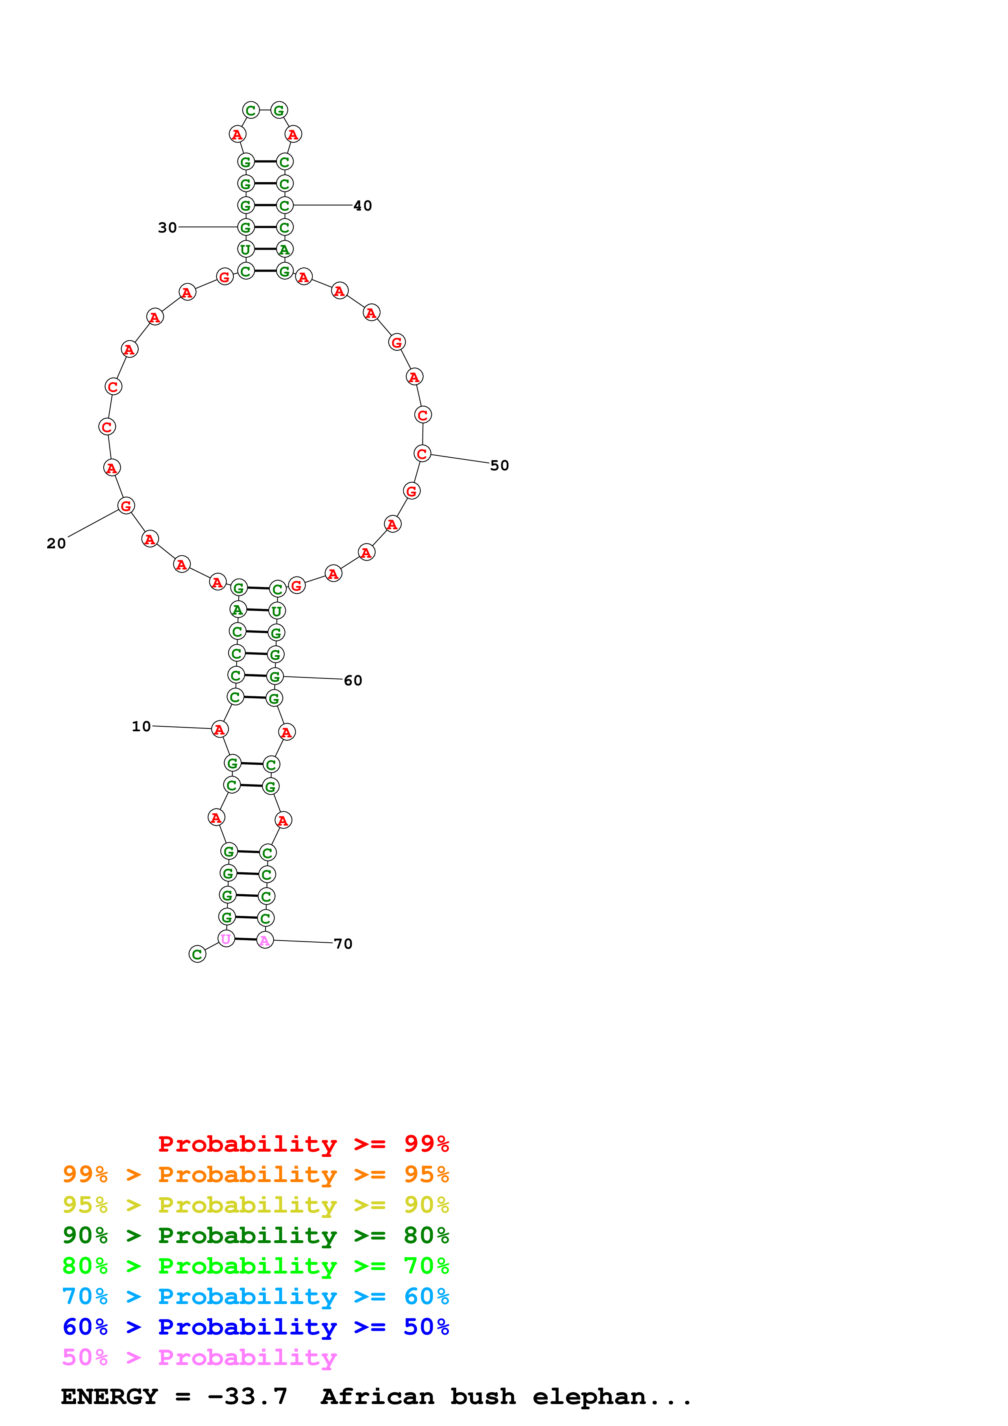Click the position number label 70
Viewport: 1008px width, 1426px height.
[x=343, y=943]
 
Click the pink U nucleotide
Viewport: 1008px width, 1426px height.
[x=226, y=939]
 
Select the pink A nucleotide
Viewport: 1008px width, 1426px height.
[x=265, y=940]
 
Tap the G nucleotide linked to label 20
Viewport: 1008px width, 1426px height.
[x=126, y=506]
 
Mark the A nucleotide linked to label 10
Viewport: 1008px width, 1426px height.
[x=219, y=729]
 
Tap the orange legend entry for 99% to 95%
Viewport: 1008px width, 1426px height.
[x=255, y=1174]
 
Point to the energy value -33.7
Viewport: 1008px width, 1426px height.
[x=247, y=1396]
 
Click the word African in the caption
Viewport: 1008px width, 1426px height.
[x=377, y=1396]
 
